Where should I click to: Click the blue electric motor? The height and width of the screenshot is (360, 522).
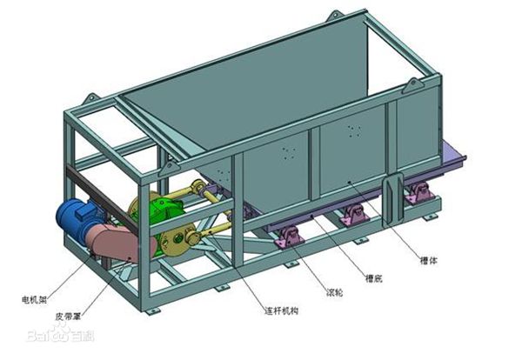pyautogui.click(x=77, y=217)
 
